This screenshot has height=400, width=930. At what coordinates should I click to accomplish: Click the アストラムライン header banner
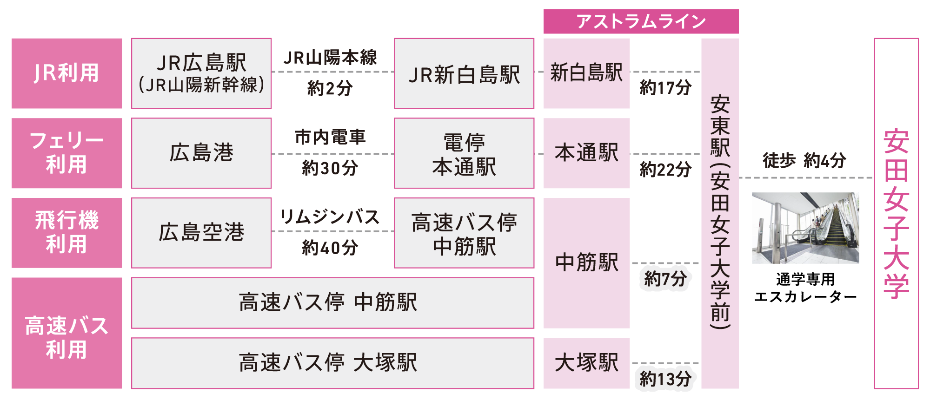641,21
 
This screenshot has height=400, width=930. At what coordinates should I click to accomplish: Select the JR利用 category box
66,73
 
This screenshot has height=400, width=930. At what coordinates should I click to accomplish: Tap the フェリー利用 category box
66,153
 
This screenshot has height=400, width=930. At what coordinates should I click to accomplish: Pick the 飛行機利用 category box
66,233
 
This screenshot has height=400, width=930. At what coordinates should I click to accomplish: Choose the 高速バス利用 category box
66,333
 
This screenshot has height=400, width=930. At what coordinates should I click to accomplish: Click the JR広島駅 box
201,73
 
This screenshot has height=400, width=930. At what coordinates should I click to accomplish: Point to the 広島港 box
201,153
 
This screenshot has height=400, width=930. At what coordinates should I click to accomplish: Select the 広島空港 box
201,233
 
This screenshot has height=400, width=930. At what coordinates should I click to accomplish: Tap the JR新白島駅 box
464,73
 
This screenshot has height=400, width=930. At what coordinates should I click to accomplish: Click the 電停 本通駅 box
464,153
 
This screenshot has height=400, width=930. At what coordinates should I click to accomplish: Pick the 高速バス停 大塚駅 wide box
332,363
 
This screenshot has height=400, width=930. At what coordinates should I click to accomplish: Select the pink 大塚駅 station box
586,363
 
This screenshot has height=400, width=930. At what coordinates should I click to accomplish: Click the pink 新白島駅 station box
586,73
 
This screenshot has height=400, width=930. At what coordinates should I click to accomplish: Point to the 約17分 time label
665,87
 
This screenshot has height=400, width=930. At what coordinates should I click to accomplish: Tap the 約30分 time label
330,168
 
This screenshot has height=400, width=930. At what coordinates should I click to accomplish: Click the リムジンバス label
330,217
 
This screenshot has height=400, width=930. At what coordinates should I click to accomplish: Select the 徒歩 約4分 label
804,160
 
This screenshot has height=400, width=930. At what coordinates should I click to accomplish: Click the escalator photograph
805,228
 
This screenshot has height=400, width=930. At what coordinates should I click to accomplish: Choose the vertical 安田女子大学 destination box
896,214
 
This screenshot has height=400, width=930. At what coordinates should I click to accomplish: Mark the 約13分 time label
665,379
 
